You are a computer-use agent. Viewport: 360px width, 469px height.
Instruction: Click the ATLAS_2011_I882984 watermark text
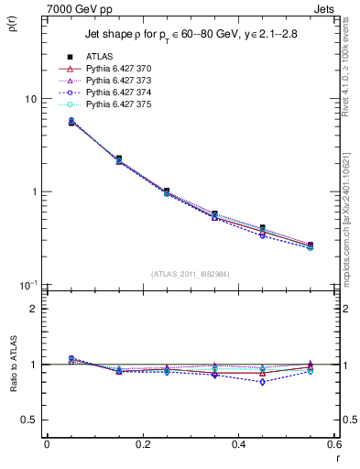pyautogui.click(x=191, y=274)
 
